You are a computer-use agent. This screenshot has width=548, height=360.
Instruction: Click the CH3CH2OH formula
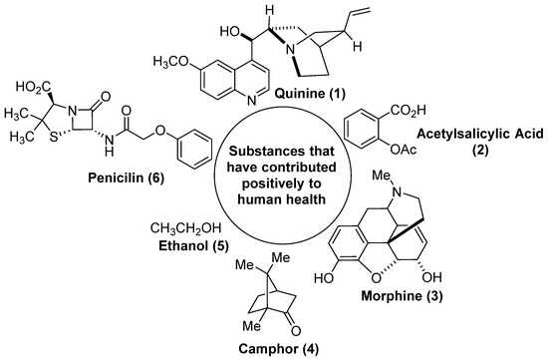coord(184,223)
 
